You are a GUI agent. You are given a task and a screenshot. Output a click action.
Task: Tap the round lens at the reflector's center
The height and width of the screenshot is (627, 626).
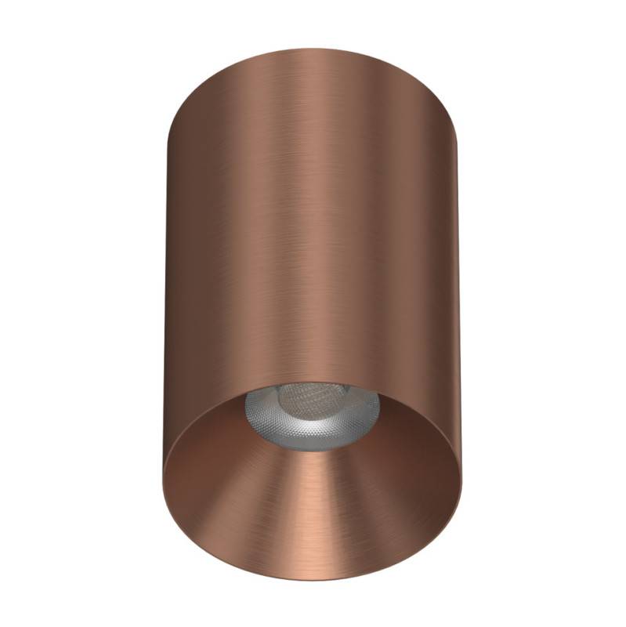click(313, 408)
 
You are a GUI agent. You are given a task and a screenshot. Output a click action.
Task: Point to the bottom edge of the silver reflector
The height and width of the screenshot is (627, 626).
click(313, 452)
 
